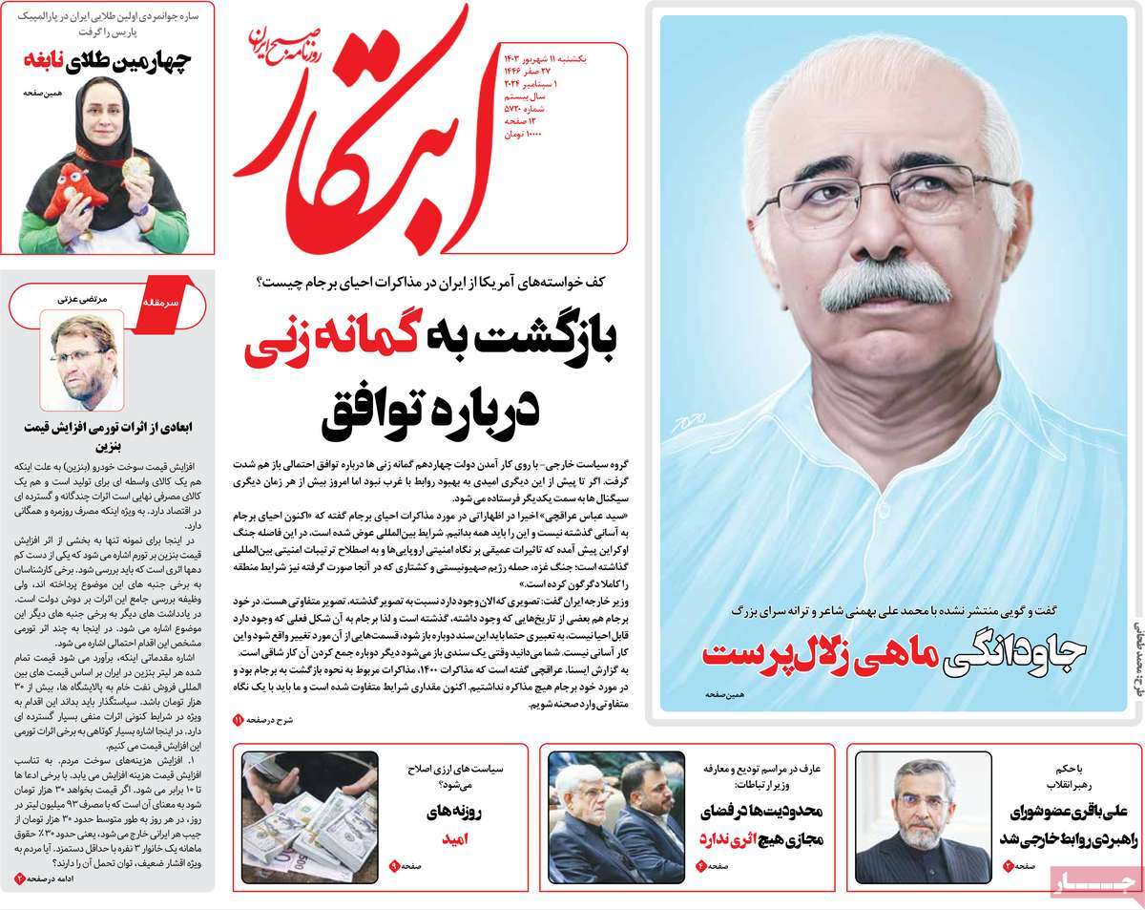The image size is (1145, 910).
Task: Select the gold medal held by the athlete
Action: (135, 168)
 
